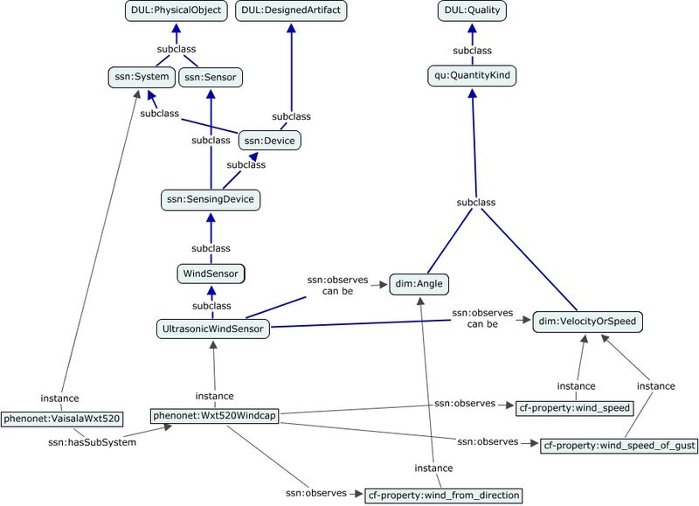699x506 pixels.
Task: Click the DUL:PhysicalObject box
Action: (x=176, y=11)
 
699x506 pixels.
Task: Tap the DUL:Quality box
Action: (x=473, y=11)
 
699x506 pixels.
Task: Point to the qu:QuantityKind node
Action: (x=473, y=77)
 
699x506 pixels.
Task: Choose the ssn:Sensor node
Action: (x=210, y=77)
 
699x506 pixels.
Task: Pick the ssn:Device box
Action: (x=268, y=140)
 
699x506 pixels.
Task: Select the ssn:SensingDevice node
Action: (x=211, y=199)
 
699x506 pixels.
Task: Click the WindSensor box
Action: (x=211, y=274)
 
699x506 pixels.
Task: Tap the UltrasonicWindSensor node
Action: (x=211, y=329)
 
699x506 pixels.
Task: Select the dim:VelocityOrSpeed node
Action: (x=588, y=322)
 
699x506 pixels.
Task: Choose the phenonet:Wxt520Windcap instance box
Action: (x=214, y=416)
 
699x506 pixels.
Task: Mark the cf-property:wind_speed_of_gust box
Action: (x=619, y=446)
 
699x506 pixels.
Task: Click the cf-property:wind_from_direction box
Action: (x=443, y=496)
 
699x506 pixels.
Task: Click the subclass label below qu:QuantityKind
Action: (x=476, y=202)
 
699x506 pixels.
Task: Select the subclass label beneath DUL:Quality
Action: (x=473, y=50)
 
